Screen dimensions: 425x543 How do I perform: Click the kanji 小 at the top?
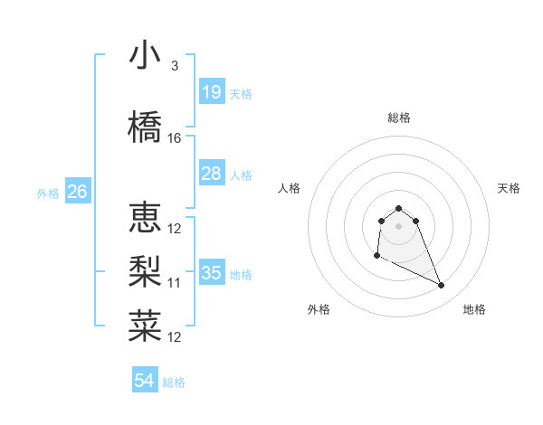[x=145, y=56]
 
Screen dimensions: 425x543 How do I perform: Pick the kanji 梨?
[x=145, y=272]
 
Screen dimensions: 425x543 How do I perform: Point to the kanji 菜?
[x=145, y=326]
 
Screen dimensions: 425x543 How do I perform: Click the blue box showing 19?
[x=211, y=92]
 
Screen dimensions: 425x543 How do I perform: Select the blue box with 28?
[x=211, y=174]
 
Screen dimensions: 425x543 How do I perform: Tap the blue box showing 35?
[x=211, y=273]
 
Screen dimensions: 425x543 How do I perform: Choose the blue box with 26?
[x=77, y=192]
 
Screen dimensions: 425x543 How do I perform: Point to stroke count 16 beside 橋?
[x=175, y=137]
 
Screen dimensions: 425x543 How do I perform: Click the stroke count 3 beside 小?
[x=175, y=66]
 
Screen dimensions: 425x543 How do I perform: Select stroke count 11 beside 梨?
[x=175, y=282]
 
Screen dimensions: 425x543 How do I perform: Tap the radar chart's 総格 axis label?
[x=399, y=118]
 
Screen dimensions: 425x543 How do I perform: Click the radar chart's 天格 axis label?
[x=510, y=188]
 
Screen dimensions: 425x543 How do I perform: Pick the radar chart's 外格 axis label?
[x=319, y=309]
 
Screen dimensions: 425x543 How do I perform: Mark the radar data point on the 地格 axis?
[x=442, y=286]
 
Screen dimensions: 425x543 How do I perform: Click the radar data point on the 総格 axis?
[x=399, y=208]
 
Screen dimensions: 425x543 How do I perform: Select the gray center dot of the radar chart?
[x=399, y=226]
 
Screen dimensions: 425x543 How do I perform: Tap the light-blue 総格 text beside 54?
[x=174, y=382]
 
